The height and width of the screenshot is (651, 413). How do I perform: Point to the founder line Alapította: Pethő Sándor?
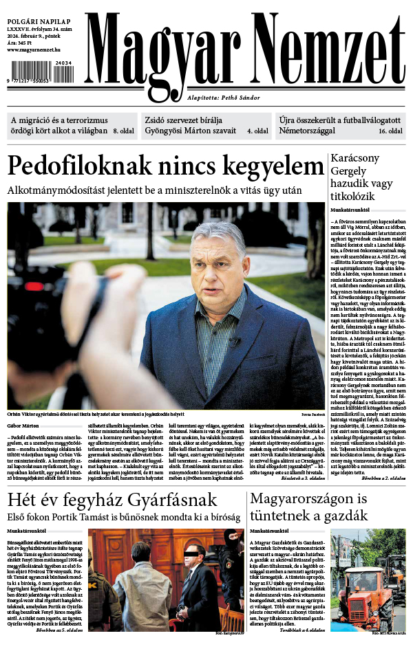[x=226, y=98]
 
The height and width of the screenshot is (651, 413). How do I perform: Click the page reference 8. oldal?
[x=123, y=131]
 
